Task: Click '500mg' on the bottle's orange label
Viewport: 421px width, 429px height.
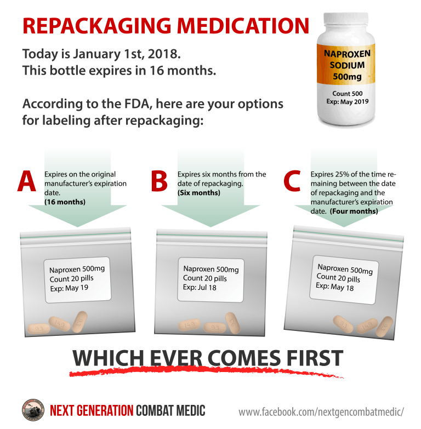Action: pos(347,76)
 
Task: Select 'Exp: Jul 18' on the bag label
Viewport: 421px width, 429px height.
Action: pos(201,287)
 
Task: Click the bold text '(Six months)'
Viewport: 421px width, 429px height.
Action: pos(198,193)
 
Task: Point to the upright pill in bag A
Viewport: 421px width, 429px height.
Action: pos(80,322)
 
